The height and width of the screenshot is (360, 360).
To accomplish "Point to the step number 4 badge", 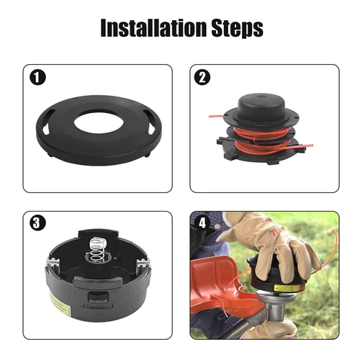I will pos(201,221).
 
